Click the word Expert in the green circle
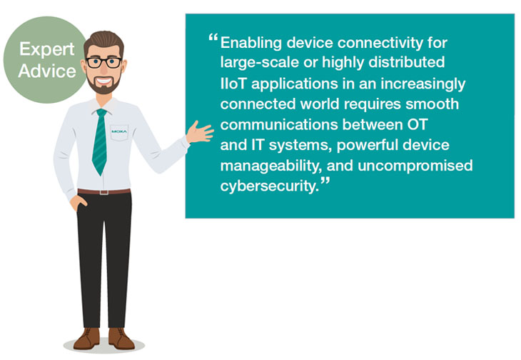coord(47,50)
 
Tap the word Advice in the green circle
coord(47,71)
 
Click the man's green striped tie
coord(100,141)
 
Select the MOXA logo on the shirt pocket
coord(119,131)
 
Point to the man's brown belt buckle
coord(104,192)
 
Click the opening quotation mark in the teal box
coord(213,37)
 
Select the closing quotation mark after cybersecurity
coord(325,181)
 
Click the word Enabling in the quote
coord(251,43)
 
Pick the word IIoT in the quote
coord(233,84)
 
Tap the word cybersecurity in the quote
coord(270,186)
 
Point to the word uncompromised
coord(415,166)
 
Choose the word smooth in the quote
coord(432,104)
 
